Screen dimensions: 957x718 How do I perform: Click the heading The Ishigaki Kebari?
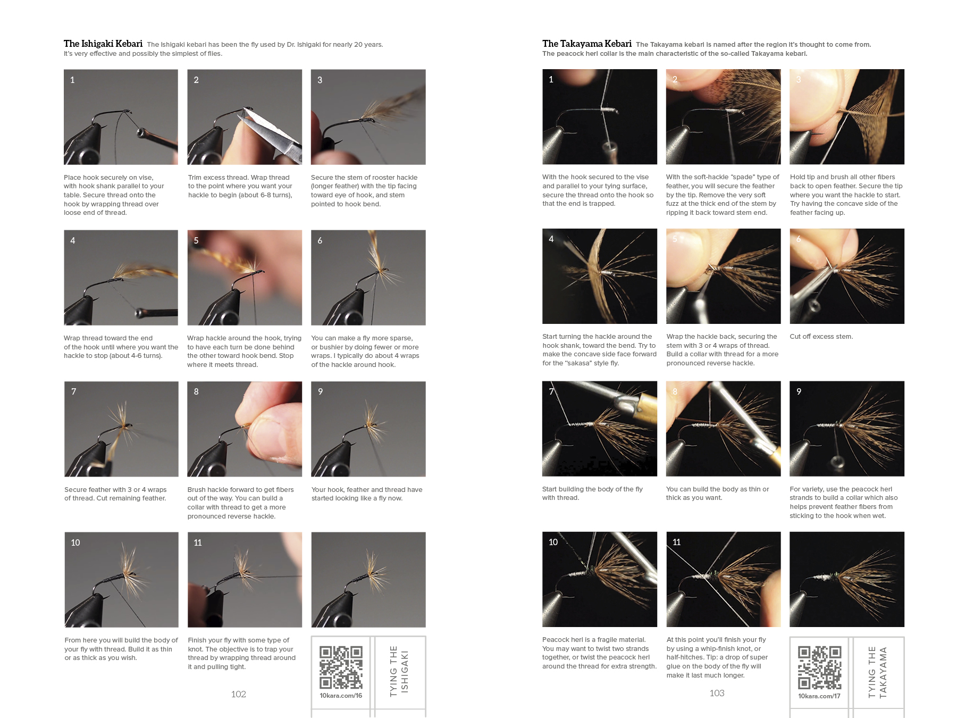(x=103, y=44)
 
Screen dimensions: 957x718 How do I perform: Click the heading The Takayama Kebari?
(x=587, y=44)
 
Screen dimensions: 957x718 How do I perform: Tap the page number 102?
(x=239, y=694)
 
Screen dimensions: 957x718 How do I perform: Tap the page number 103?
(x=717, y=693)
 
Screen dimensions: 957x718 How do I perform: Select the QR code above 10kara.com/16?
(x=341, y=667)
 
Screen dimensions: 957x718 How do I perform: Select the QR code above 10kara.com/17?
(x=819, y=668)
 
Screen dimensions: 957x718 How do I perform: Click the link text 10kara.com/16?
(x=341, y=696)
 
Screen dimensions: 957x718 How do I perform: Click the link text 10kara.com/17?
(x=819, y=696)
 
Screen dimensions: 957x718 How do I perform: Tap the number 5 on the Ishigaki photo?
(x=196, y=240)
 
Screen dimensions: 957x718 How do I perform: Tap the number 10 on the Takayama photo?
(x=553, y=542)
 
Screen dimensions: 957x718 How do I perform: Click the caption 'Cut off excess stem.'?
(x=821, y=337)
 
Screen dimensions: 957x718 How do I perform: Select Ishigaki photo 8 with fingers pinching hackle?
(x=245, y=429)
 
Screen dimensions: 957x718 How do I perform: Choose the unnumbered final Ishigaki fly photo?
(x=368, y=580)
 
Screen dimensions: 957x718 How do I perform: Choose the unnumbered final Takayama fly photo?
(x=847, y=579)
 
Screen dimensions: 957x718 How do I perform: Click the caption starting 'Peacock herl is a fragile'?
(x=599, y=653)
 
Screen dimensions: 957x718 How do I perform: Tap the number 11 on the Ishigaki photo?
(x=198, y=542)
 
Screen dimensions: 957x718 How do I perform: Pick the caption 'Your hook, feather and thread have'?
(x=367, y=490)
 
